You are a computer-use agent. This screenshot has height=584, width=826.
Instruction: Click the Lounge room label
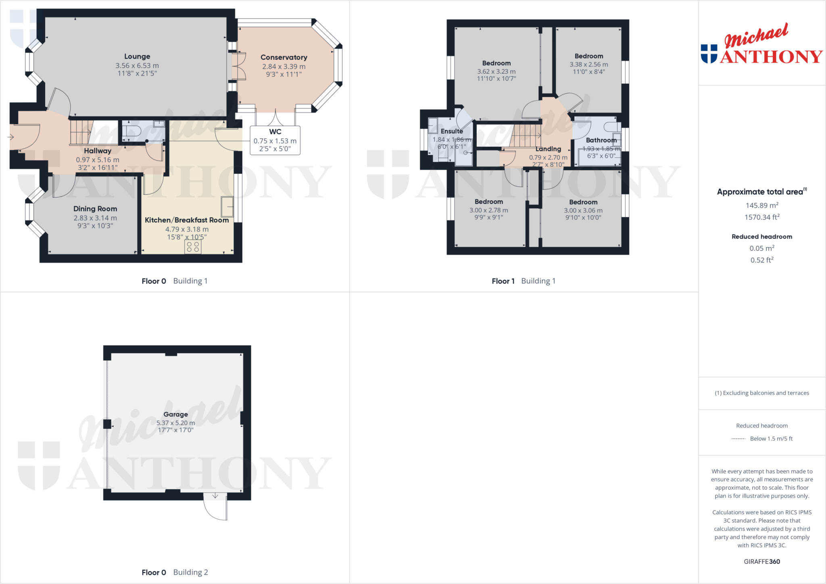tap(137, 56)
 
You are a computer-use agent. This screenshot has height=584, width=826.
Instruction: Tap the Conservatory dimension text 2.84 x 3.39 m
tap(284, 67)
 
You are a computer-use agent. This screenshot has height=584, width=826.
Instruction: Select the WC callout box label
tap(275, 132)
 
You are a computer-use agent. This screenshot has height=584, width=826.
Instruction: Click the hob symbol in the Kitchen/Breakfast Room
tap(193, 247)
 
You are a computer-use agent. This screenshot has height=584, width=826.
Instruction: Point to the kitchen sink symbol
tap(227, 206)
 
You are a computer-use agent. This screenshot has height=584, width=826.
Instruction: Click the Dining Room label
tap(95, 209)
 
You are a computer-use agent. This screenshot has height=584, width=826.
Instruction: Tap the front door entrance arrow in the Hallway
tap(11, 137)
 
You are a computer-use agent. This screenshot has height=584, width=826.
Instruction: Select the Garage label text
tap(175, 414)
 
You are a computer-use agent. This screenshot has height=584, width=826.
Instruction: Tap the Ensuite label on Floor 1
tap(452, 131)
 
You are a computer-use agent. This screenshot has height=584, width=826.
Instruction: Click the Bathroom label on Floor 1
tap(601, 140)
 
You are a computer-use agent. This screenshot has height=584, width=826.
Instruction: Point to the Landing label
tap(548, 149)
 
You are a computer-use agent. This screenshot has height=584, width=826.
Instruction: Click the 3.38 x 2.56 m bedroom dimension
tap(589, 64)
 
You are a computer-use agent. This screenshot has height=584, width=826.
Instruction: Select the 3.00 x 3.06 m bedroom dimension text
tap(583, 210)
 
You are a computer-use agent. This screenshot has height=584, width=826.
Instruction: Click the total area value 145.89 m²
tap(761, 206)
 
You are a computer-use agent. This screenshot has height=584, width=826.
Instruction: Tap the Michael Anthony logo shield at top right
tap(709, 54)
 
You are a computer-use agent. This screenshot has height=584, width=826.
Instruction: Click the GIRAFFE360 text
tap(761, 561)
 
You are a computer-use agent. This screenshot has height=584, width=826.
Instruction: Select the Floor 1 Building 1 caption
tap(524, 281)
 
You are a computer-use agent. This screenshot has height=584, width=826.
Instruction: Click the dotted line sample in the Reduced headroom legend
tap(738, 439)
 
